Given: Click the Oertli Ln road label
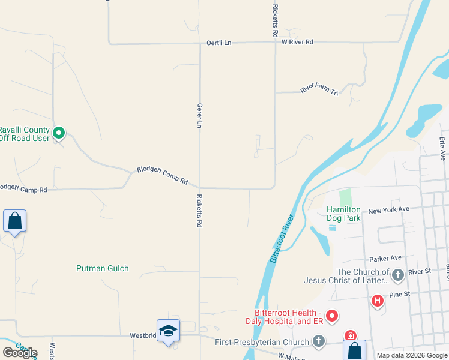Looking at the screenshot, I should pyautogui.click(x=218, y=43).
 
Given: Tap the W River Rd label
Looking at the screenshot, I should pyautogui.click(x=297, y=43).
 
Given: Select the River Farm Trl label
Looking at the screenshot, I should pyautogui.click(x=319, y=89).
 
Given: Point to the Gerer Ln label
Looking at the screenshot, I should pyautogui.click(x=199, y=115).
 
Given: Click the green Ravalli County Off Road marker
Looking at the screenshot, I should pyautogui.click(x=59, y=133).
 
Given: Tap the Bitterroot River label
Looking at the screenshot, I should pyautogui.click(x=282, y=238).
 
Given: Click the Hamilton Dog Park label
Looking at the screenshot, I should pyautogui.click(x=343, y=214).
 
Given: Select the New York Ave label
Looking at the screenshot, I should pyautogui.click(x=388, y=210).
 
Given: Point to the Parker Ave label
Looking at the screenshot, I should pyautogui.click(x=385, y=258).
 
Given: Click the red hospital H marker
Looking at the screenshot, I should pyautogui.click(x=378, y=300).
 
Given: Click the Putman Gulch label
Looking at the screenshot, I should pyautogui.click(x=103, y=268).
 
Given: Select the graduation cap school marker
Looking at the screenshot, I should pyautogui.click(x=168, y=331).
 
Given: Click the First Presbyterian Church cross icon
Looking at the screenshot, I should pyautogui.click(x=318, y=341).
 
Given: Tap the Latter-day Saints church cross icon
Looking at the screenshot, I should pyautogui.click(x=397, y=275).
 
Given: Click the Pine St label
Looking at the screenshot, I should pyautogui.click(x=399, y=294).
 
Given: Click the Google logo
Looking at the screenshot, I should pyautogui.click(x=20, y=352).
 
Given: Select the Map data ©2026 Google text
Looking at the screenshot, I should pyautogui.click(x=412, y=355).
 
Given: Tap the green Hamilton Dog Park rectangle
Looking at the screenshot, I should pyautogui.click(x=345, y=197).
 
